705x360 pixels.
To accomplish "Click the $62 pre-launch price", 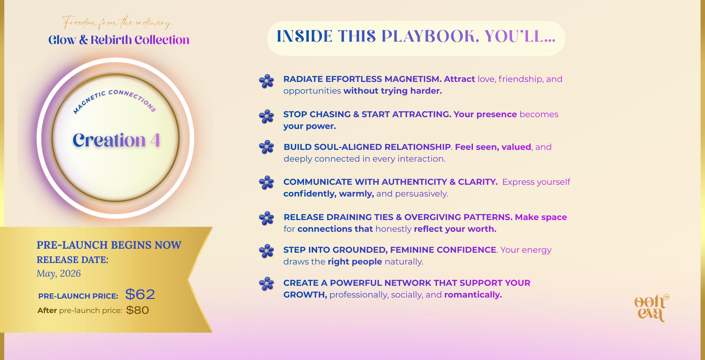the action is [x=140, y=294].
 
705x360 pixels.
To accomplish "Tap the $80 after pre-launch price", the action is [x=137, y=310].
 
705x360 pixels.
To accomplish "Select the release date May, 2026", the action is [x=59, y=274].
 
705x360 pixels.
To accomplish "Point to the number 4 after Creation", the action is [x=155, y=140].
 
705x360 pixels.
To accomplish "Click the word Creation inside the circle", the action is [x=109, y=140].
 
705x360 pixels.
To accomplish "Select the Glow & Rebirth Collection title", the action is [x=119, y=40].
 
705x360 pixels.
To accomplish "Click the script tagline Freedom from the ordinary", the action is [x=117, y=22].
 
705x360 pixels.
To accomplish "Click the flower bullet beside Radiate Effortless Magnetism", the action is [x=267, y=81].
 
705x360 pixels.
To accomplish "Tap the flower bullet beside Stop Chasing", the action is [x=267, y=116].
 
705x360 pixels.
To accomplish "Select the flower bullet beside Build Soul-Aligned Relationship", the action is [x=267, y=147].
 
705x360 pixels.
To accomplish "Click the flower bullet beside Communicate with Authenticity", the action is [x=267, y=183].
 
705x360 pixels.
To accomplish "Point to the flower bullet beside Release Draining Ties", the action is [x=267, y=218].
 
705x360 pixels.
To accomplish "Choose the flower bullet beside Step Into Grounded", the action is [x=267, y=251].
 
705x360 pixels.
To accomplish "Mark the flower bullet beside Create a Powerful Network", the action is [x=267, y=284].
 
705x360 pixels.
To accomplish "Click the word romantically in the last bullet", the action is [x=473, y=295].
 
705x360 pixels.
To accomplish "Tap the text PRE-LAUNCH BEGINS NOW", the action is [x=109, y=245].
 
